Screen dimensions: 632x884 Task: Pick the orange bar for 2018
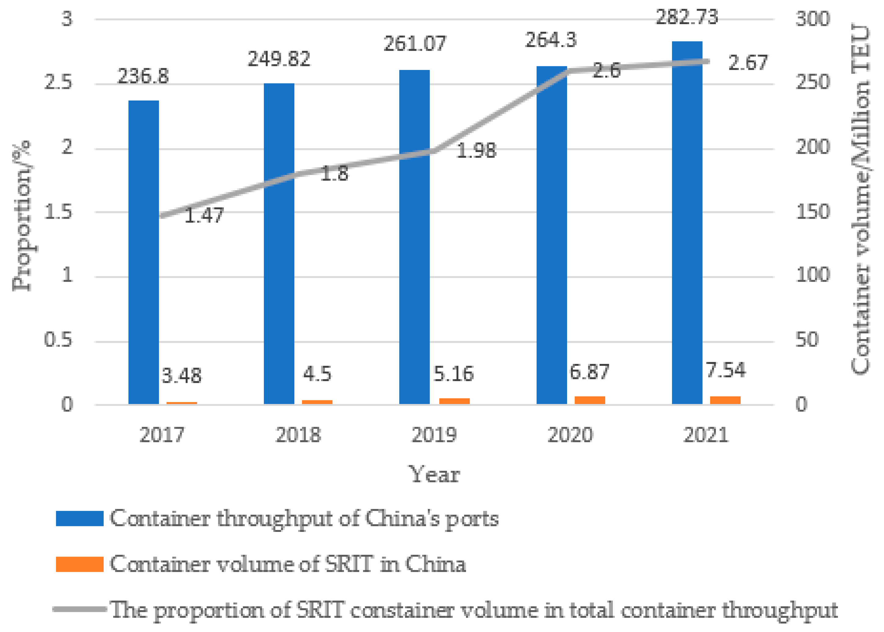click(x=317, y=402)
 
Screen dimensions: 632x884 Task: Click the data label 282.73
click(x=687, y=17)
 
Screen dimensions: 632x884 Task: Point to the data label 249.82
click(x=279, y=59)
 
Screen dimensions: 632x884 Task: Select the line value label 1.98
click(x=476, y=151)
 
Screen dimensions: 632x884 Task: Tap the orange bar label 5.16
click(x=453, y=374)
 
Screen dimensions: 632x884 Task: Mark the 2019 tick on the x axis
click(x=434, y=435)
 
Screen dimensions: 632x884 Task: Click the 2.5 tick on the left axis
click(x=58, y=82)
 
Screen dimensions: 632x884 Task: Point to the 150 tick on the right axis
click(x=813, y=212)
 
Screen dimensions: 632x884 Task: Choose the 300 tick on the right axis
click(x=813, y=19)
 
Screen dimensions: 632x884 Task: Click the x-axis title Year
click(x=435, y=475)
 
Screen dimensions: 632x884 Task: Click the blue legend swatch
click(x=80, y=519)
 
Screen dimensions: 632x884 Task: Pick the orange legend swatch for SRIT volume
click(x=80, y=564)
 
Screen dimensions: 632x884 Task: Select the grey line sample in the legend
click(x=80, y=609)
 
